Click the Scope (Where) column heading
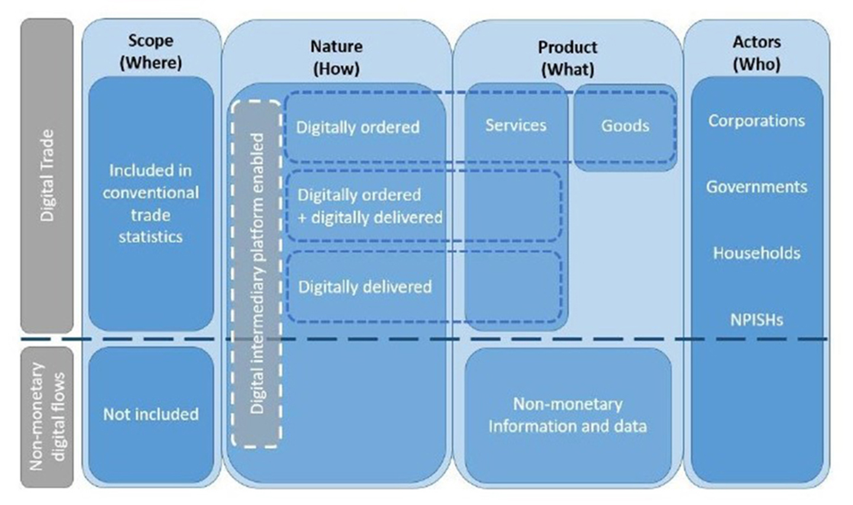point(150,52)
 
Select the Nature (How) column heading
point(336,57)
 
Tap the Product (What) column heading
point(567,58)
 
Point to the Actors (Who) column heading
point(756,53)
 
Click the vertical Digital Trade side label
point(47,175)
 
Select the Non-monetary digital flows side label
point(47,417)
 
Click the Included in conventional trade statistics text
point(150,203)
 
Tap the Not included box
point(151,414)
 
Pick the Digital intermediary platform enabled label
point(256,273)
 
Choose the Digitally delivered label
point(365,287)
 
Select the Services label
point(516,125)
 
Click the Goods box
point(625,126)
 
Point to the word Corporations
point(756,121)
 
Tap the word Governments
point(756,187)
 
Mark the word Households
point(756,253)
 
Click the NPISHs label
point(756,320)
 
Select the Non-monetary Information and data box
point(567,415)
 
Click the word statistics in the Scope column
point(150,237)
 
